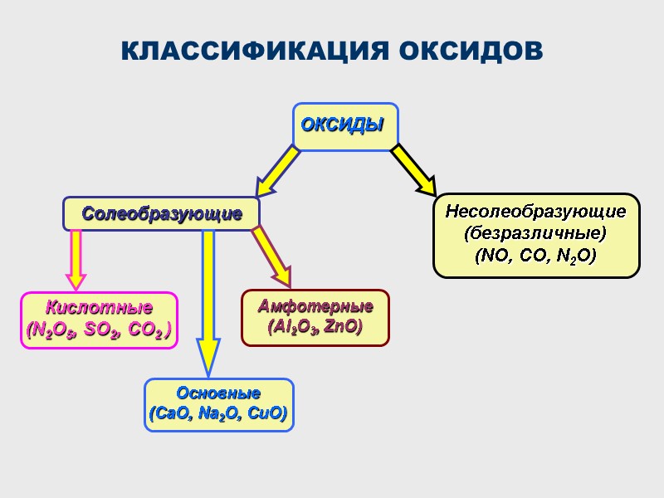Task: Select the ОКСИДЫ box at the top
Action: tap(344, 126)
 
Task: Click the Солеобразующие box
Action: tap(162, 214)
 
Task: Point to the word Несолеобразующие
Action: tap(536, 211)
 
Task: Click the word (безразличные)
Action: tap(536, 232)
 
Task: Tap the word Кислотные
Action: tap(99, 308)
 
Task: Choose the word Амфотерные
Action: tap(315, 306)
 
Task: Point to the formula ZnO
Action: tap(343, 327)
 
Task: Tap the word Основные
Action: tap(219, 393)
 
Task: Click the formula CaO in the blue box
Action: tap(167, 413)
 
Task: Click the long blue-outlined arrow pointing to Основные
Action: tap(208, 299)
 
